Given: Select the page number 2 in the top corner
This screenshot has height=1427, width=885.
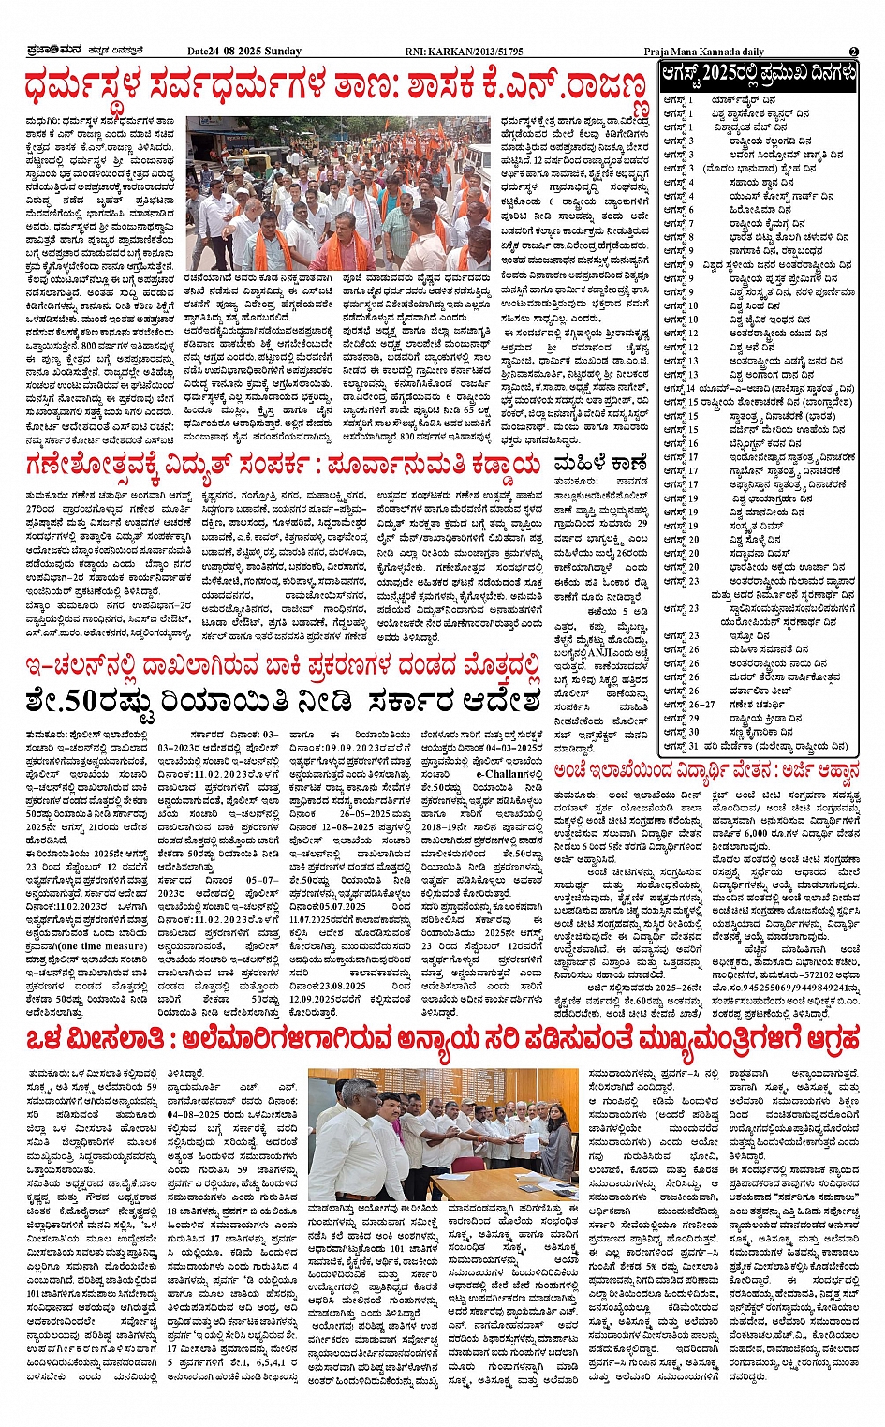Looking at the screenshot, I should pyautogui.click(x=854, y=52).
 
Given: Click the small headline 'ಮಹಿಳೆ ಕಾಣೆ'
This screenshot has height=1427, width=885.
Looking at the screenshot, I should pyautogui.click(x=600, y=462).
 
